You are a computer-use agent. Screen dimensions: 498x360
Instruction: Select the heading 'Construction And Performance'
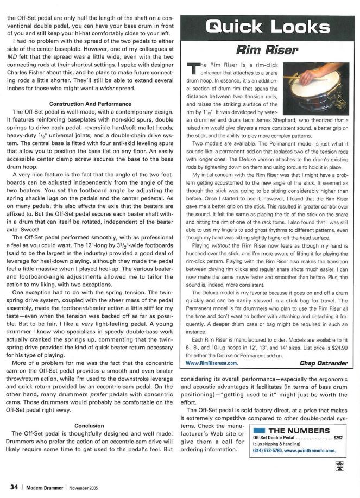[x=91, y=103]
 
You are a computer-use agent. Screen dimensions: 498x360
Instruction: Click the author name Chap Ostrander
[x=324, y=363]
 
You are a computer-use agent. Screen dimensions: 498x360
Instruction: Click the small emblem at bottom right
[x=339, y=465]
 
